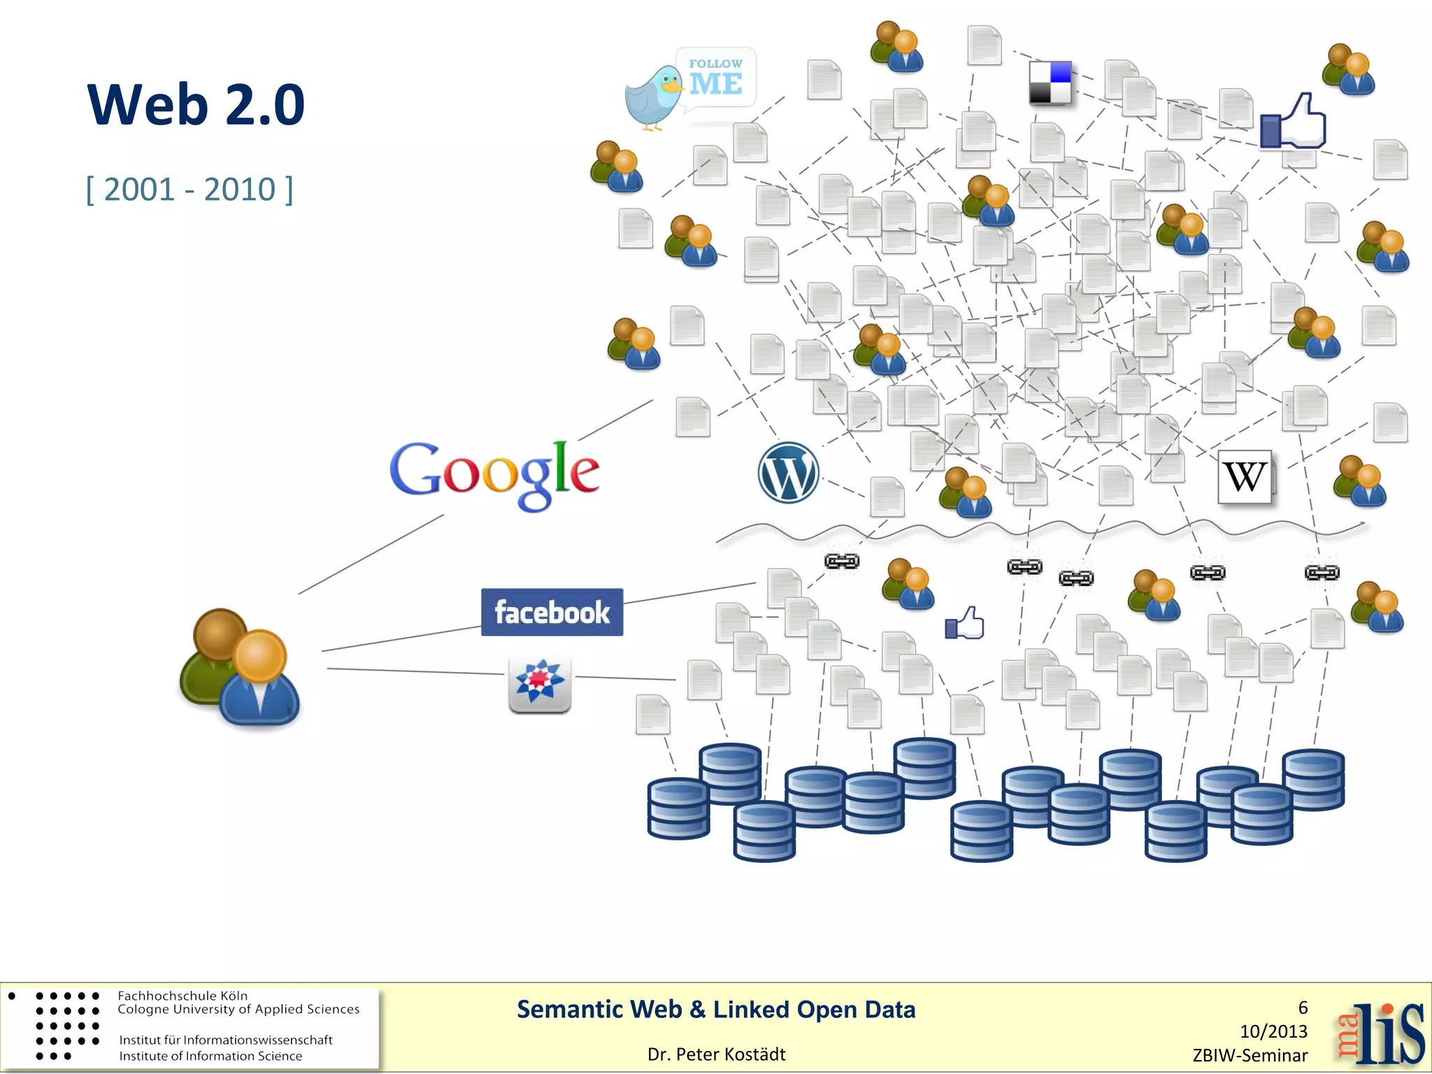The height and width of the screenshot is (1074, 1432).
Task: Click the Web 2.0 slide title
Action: (196, 105)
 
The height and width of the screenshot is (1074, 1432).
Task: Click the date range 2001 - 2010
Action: (189, 189)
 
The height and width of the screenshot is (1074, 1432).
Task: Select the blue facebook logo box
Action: (552, 612)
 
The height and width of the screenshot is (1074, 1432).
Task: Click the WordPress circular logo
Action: (788, 473)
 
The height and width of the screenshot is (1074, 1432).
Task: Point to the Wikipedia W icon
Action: (1245, 477)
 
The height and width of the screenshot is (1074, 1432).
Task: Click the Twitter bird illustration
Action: (653, 98)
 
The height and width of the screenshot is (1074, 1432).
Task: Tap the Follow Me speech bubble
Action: (716, 78)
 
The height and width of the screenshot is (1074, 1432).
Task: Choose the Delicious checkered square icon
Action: (1050, 83)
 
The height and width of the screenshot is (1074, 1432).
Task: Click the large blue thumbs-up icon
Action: (1293, 122)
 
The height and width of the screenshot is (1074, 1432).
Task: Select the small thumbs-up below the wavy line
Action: (965, 623)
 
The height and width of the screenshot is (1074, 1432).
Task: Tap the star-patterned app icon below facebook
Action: (539, 683)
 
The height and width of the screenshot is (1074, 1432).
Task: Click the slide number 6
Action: (1303, 1008)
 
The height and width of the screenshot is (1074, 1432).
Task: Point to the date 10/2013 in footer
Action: (1273, 1031)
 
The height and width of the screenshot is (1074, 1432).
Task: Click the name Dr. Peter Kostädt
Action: (716, 1054)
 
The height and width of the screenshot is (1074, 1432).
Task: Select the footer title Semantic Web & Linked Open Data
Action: (716, 1010)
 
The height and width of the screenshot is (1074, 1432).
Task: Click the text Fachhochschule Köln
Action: (182, 996)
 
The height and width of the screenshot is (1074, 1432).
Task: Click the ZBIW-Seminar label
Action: (1250, 1056)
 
